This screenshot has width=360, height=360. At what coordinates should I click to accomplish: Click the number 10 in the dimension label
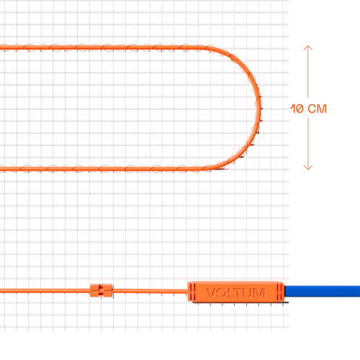(297, 109)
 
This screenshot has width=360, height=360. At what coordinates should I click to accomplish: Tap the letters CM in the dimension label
(317, 109)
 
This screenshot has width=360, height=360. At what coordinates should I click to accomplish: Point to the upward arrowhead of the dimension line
(308, 48)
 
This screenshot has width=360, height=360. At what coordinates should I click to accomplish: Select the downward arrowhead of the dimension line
(308, 167)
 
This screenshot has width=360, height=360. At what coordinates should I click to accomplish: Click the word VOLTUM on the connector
(236, 293)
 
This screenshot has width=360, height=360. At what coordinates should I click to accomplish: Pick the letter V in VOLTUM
(211, 293)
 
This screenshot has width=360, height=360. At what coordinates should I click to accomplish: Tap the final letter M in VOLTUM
(260, 293)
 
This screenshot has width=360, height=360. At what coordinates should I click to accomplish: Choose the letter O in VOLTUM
(221, 293)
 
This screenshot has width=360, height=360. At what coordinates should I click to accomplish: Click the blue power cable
(323, 291)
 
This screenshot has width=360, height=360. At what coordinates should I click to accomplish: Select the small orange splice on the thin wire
(101, 290)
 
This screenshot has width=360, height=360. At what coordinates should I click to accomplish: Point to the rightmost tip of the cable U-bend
(261, 108)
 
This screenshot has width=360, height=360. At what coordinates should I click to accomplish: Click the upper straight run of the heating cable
(103, 48)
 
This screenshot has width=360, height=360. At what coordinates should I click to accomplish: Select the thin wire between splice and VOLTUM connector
(150, 291)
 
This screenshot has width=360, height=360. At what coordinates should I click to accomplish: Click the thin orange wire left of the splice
(45, 291)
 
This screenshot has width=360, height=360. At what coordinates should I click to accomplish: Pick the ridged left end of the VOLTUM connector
(191, 292)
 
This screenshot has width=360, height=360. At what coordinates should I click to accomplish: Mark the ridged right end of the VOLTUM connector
(280, 292)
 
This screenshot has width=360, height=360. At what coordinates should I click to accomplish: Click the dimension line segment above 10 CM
(308, 72)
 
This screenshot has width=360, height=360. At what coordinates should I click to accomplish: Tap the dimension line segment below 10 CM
(308, 143)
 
